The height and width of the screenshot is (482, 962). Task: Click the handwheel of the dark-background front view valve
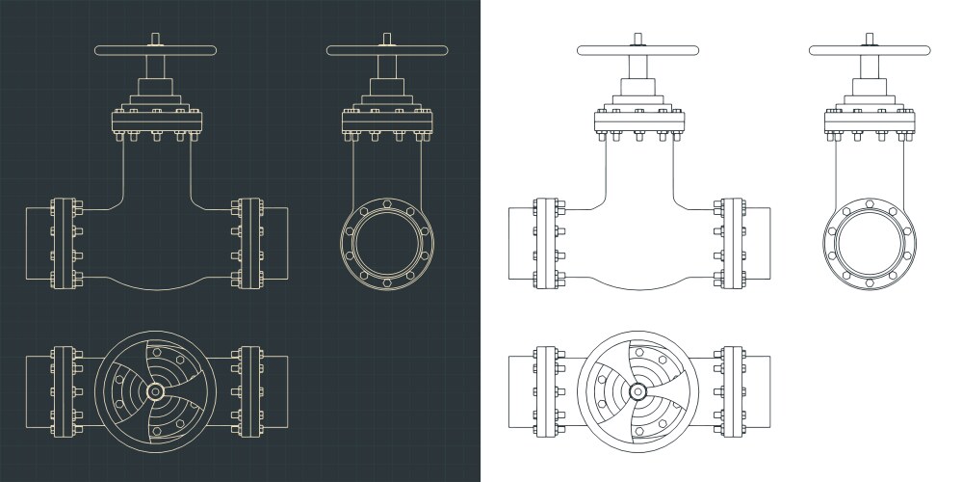[x=154, y=49]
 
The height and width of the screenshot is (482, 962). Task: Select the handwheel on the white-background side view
[x=869, y=49]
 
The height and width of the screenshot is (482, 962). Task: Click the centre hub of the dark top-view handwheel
[x=154, y=392]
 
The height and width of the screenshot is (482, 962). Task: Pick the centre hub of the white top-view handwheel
[x=637, y=392]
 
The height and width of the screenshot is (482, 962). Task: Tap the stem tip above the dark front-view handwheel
[x=154, y=39]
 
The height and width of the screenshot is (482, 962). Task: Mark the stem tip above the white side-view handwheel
[x=869, y=39]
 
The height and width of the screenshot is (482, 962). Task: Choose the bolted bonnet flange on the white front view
[x=637, y=121]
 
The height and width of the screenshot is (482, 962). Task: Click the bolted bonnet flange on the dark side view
[x=385, y=121]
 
